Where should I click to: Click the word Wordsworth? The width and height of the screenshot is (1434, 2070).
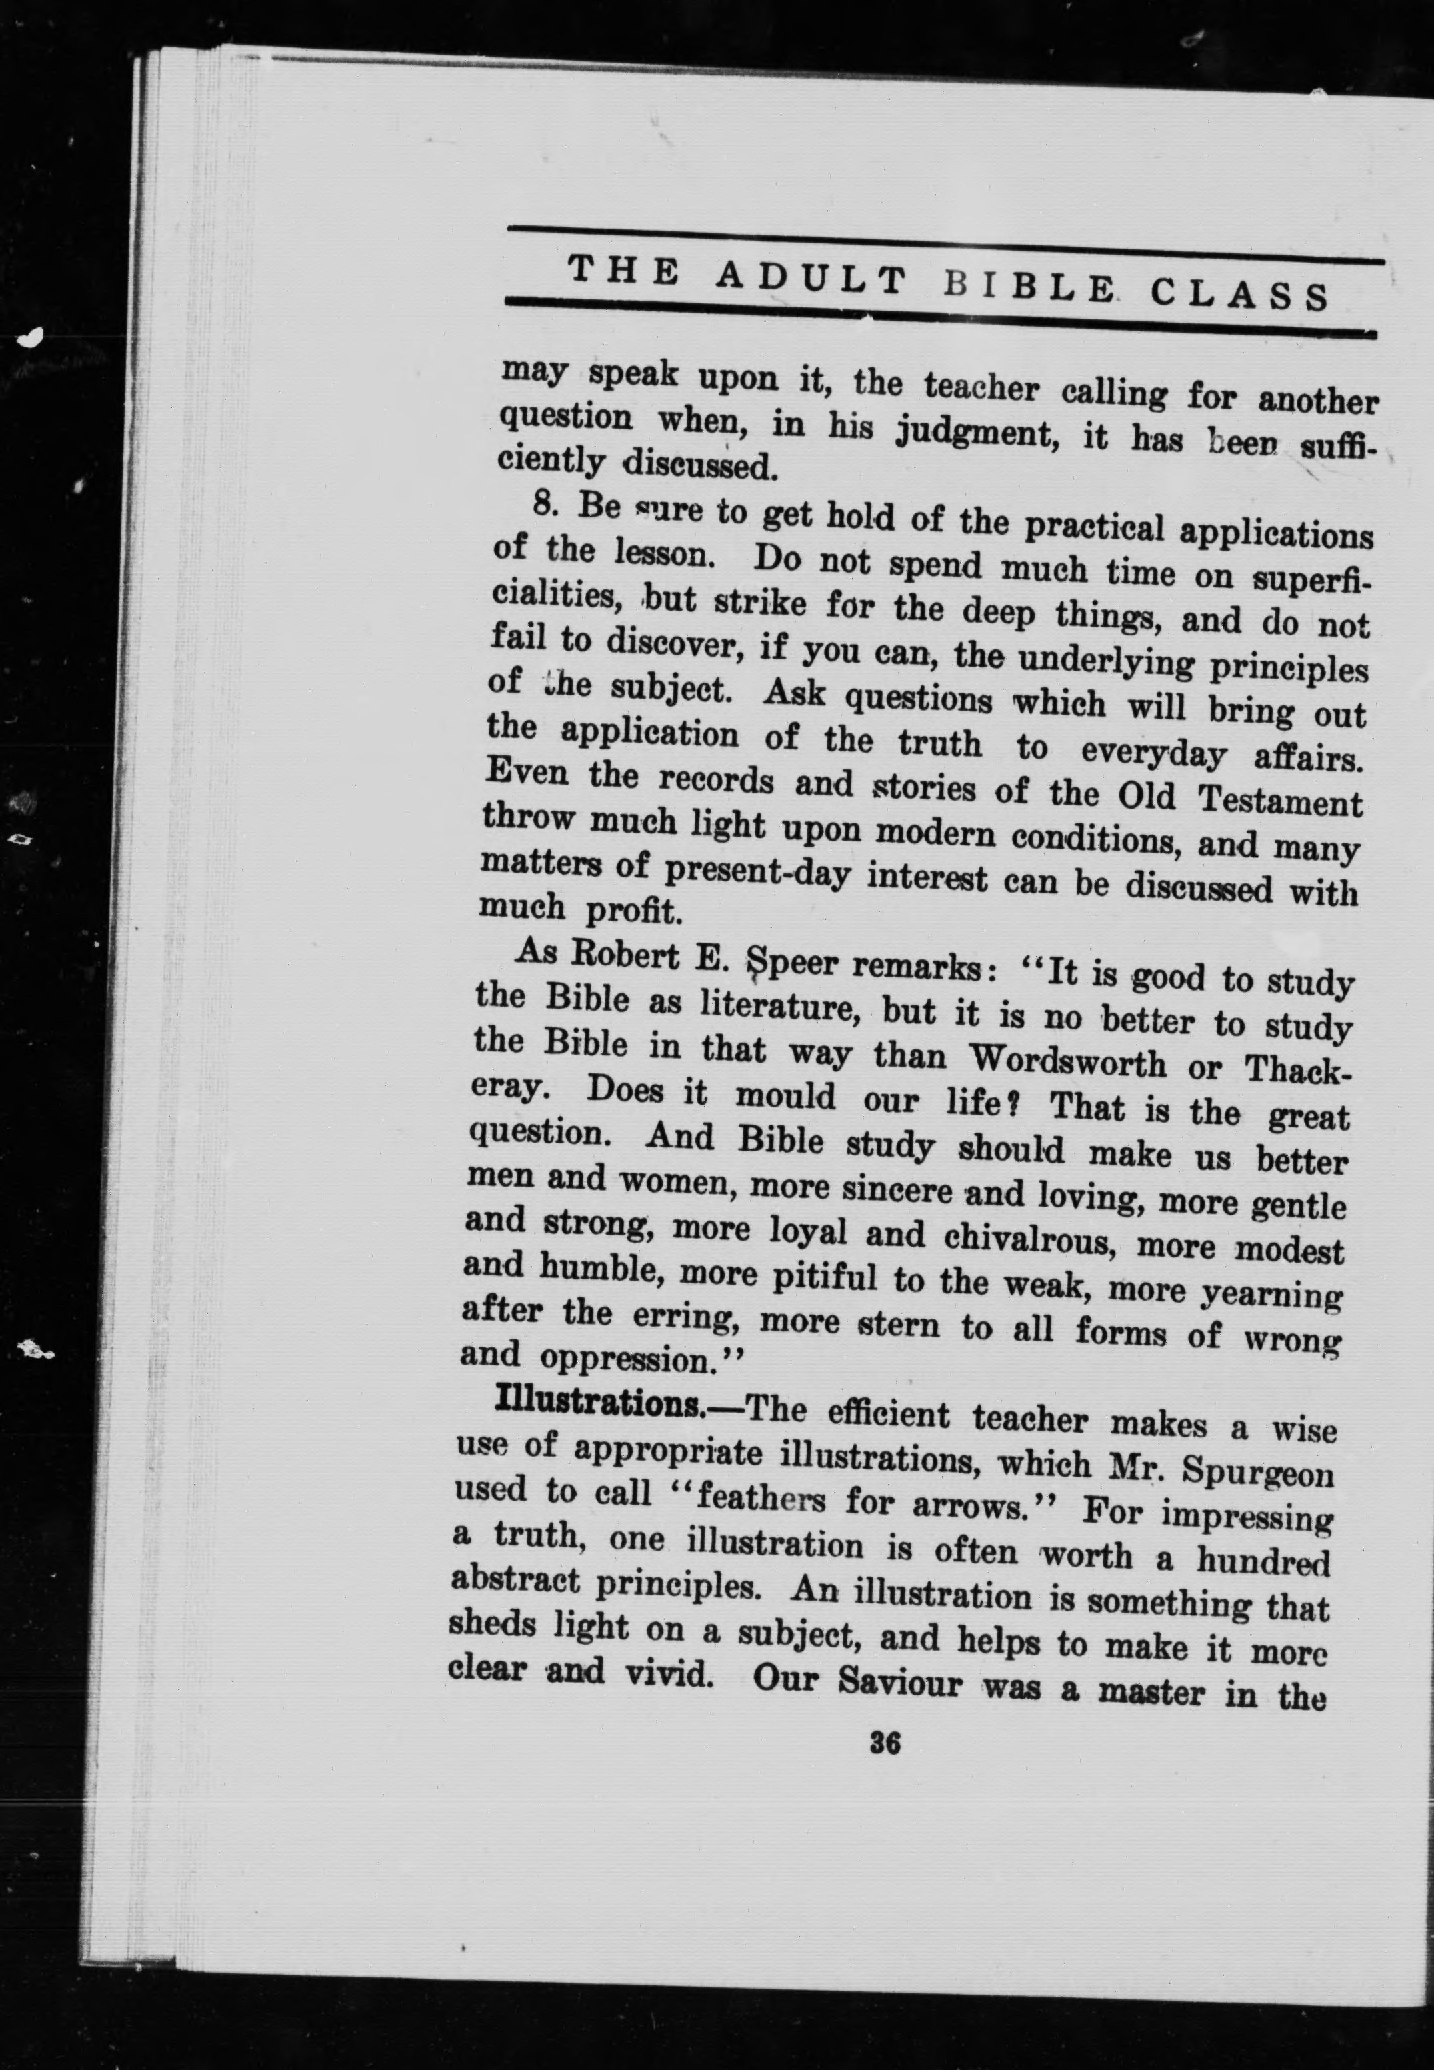tap(1067, 1061)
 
